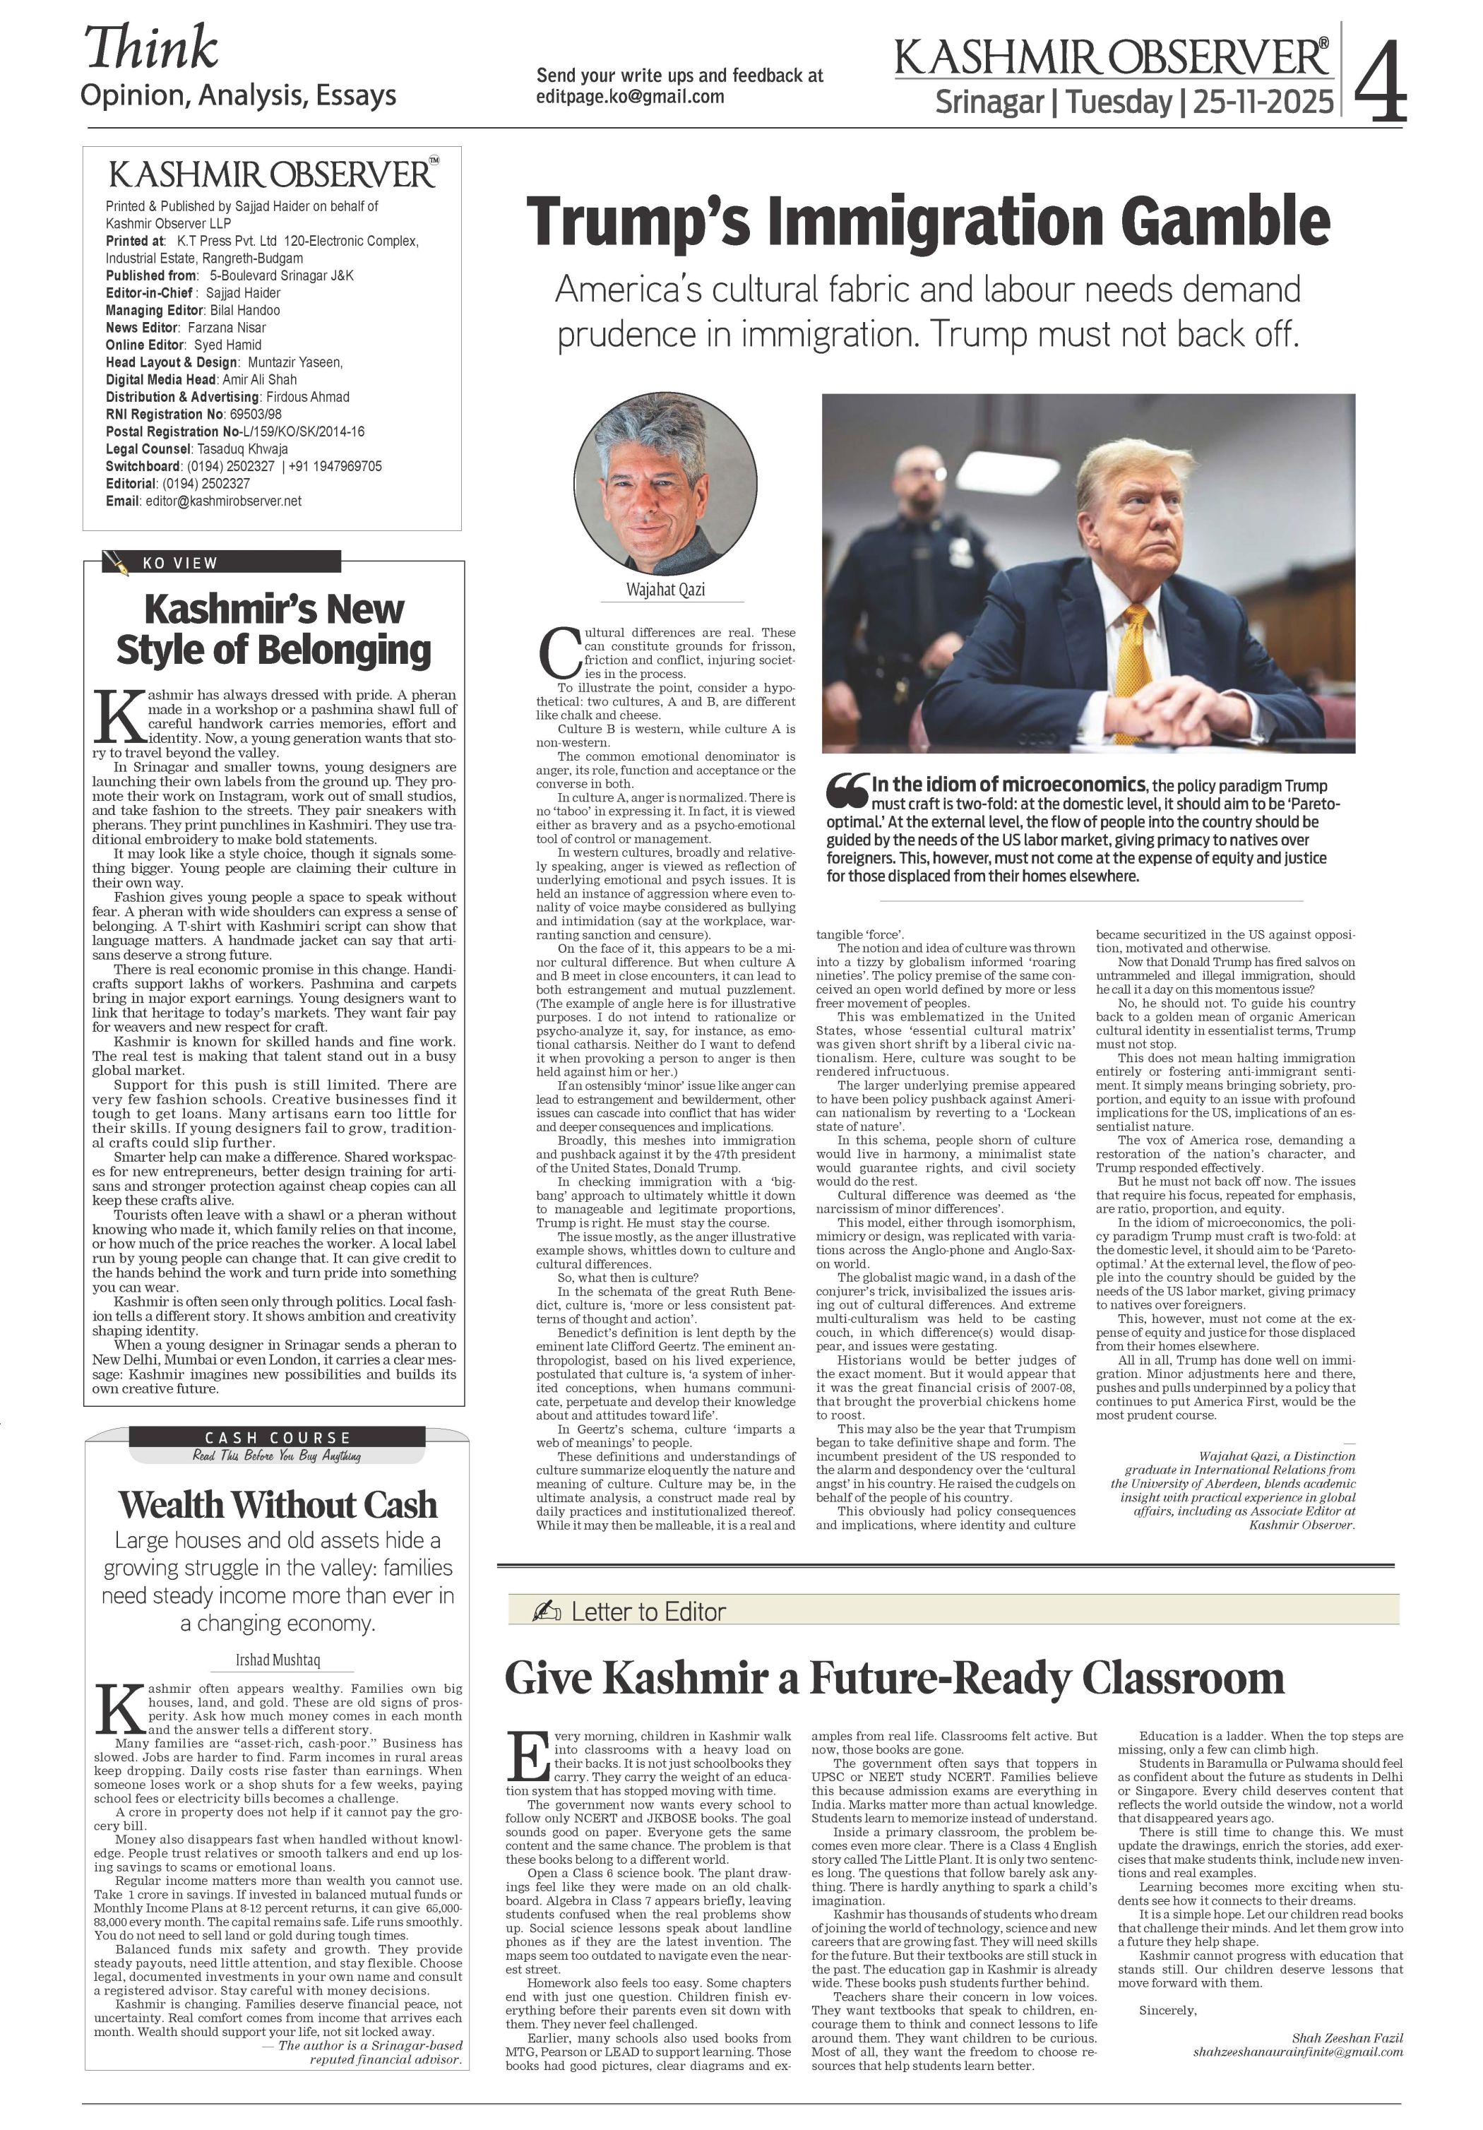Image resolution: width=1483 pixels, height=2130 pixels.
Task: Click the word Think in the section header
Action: pos(151,48)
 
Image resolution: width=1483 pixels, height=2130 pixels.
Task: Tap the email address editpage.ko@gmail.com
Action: pos(630,97)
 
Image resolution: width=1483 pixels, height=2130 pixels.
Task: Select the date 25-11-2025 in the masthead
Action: pos(1263,102)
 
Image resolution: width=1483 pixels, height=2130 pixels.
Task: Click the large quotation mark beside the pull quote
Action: pos(847,789)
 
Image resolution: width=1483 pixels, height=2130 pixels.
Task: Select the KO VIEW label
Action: pos(180,563)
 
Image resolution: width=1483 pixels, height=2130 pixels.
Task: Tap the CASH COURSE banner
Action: pos(278,1437)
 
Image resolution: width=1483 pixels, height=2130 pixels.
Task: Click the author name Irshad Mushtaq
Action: pos(278,1660)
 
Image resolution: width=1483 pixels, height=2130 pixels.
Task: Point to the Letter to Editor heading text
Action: pos(648,1612)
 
